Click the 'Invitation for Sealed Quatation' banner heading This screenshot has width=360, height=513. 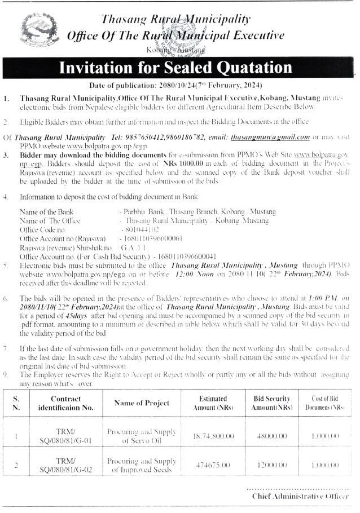176,69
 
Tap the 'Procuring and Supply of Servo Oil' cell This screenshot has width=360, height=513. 142,436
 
